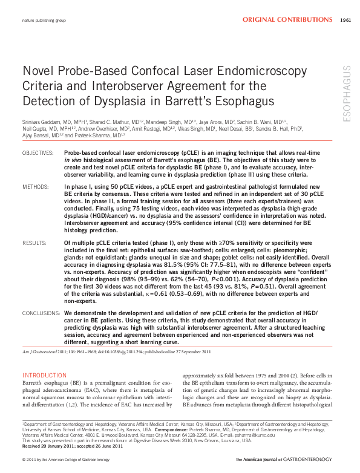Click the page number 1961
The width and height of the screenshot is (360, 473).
pyautogui.click(x=345, y=20)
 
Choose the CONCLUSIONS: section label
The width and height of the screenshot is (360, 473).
pyautogui.click(x=42, y=314)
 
